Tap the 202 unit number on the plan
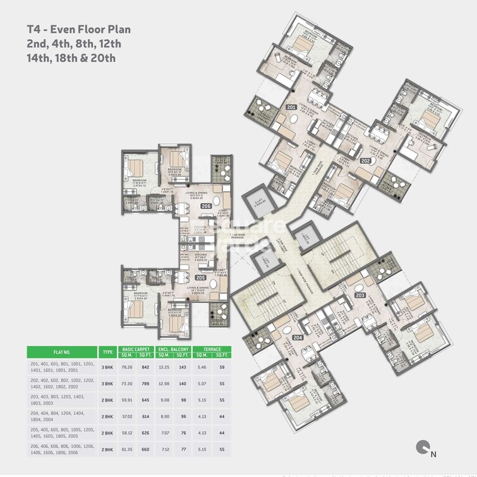tap(365, 161)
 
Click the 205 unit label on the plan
tap(200, 277)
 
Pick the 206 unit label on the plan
tap(205, 207)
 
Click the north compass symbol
tap(423, 448)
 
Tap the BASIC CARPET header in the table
tap(136, 349)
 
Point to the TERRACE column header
tap(212, 349)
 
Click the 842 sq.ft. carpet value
tap(145, 367)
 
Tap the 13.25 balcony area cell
tap(164, 367)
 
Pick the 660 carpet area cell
tap(145, 449)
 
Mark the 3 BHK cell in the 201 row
tap(107, 367)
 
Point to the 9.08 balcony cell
tap(164, 400)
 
